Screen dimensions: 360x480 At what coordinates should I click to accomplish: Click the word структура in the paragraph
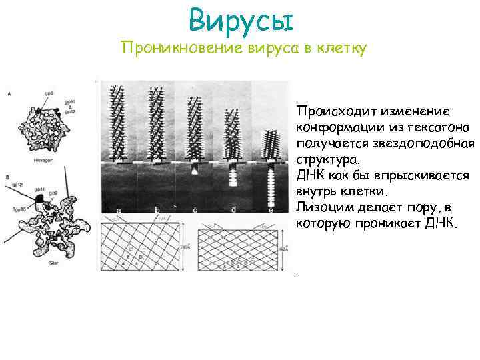pos(325,159)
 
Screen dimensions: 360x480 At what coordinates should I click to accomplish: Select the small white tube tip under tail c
pos(194,171)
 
